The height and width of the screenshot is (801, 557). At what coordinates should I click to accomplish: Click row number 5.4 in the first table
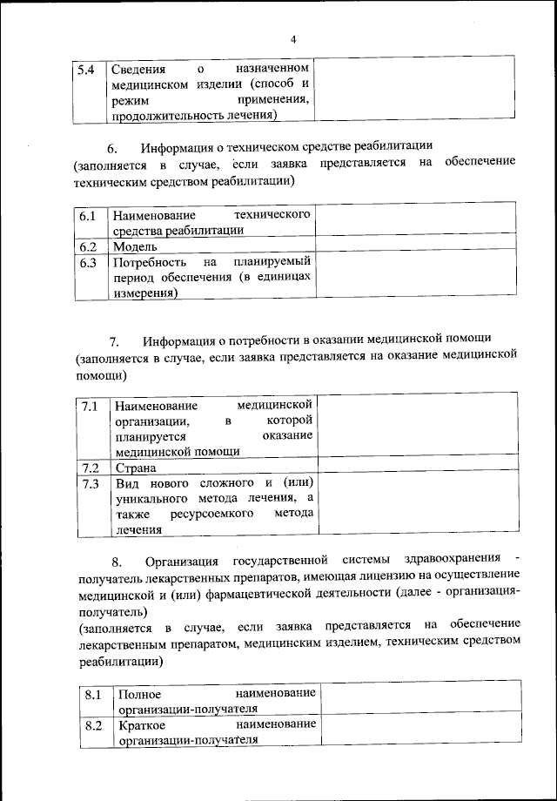tap(85, 69)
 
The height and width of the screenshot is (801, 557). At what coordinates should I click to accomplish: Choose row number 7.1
tap(91, 407)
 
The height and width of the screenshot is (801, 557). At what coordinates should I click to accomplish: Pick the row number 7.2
tap(91, 468)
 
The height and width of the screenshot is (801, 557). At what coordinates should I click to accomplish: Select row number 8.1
tap(95, 694)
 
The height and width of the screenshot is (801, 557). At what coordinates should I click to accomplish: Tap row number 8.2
tap(95, 725)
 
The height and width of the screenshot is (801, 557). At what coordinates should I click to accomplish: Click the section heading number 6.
tap(112, 147)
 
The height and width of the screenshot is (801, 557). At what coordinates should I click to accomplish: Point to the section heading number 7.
tap(112, 340)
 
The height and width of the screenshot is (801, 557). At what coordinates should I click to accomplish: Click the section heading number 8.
tap(117, 558)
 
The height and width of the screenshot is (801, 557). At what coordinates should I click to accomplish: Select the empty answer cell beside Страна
tap(418, 468)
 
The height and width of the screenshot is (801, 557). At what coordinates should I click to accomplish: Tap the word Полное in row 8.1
tap(138, 694)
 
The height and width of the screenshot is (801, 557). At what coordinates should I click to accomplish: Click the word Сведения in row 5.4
tap(139, 69)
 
